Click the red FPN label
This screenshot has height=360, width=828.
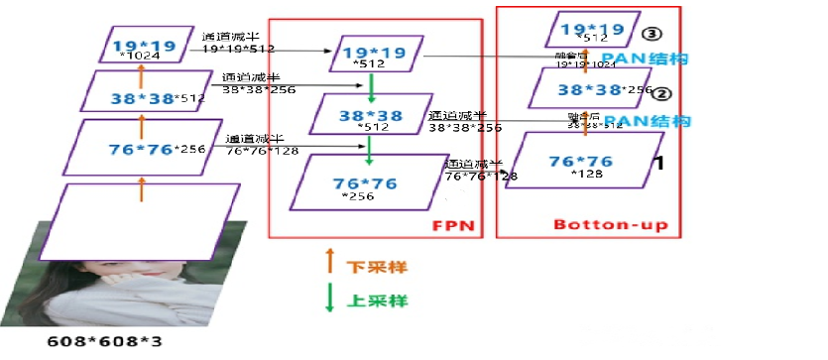click(452, 225)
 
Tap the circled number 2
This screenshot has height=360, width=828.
click(661, 95)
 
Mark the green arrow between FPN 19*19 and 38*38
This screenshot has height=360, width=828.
click(369, 86)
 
